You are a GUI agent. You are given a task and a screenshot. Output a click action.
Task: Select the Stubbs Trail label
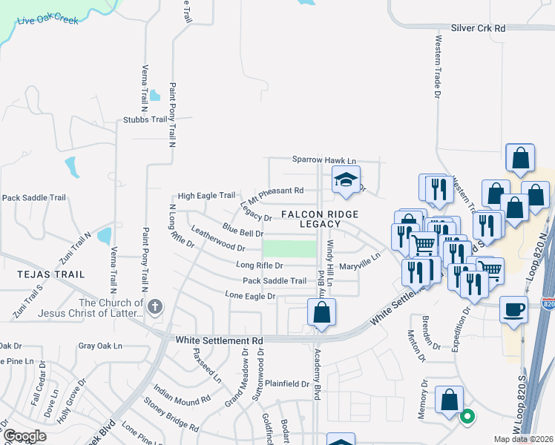coord(145,119)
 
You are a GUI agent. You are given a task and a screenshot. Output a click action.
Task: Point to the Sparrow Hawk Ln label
coord(324,159)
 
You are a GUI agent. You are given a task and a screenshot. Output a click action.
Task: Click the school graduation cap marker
coord(345,179)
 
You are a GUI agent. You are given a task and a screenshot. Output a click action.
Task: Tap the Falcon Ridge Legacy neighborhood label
coord(320,219)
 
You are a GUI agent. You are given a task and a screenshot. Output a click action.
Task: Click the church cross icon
coord(154,307)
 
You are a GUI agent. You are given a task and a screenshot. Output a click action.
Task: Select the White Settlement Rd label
coord(220,340)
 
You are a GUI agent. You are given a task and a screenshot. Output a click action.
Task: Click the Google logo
coord(24,435)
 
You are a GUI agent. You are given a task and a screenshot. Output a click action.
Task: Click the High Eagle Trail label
coord(206,195)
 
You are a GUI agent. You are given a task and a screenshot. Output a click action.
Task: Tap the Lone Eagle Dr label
coord(250,296)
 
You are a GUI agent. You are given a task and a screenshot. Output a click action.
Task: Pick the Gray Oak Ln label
coord(99,346)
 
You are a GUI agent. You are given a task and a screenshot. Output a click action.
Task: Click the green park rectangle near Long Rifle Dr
coord(290,248)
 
